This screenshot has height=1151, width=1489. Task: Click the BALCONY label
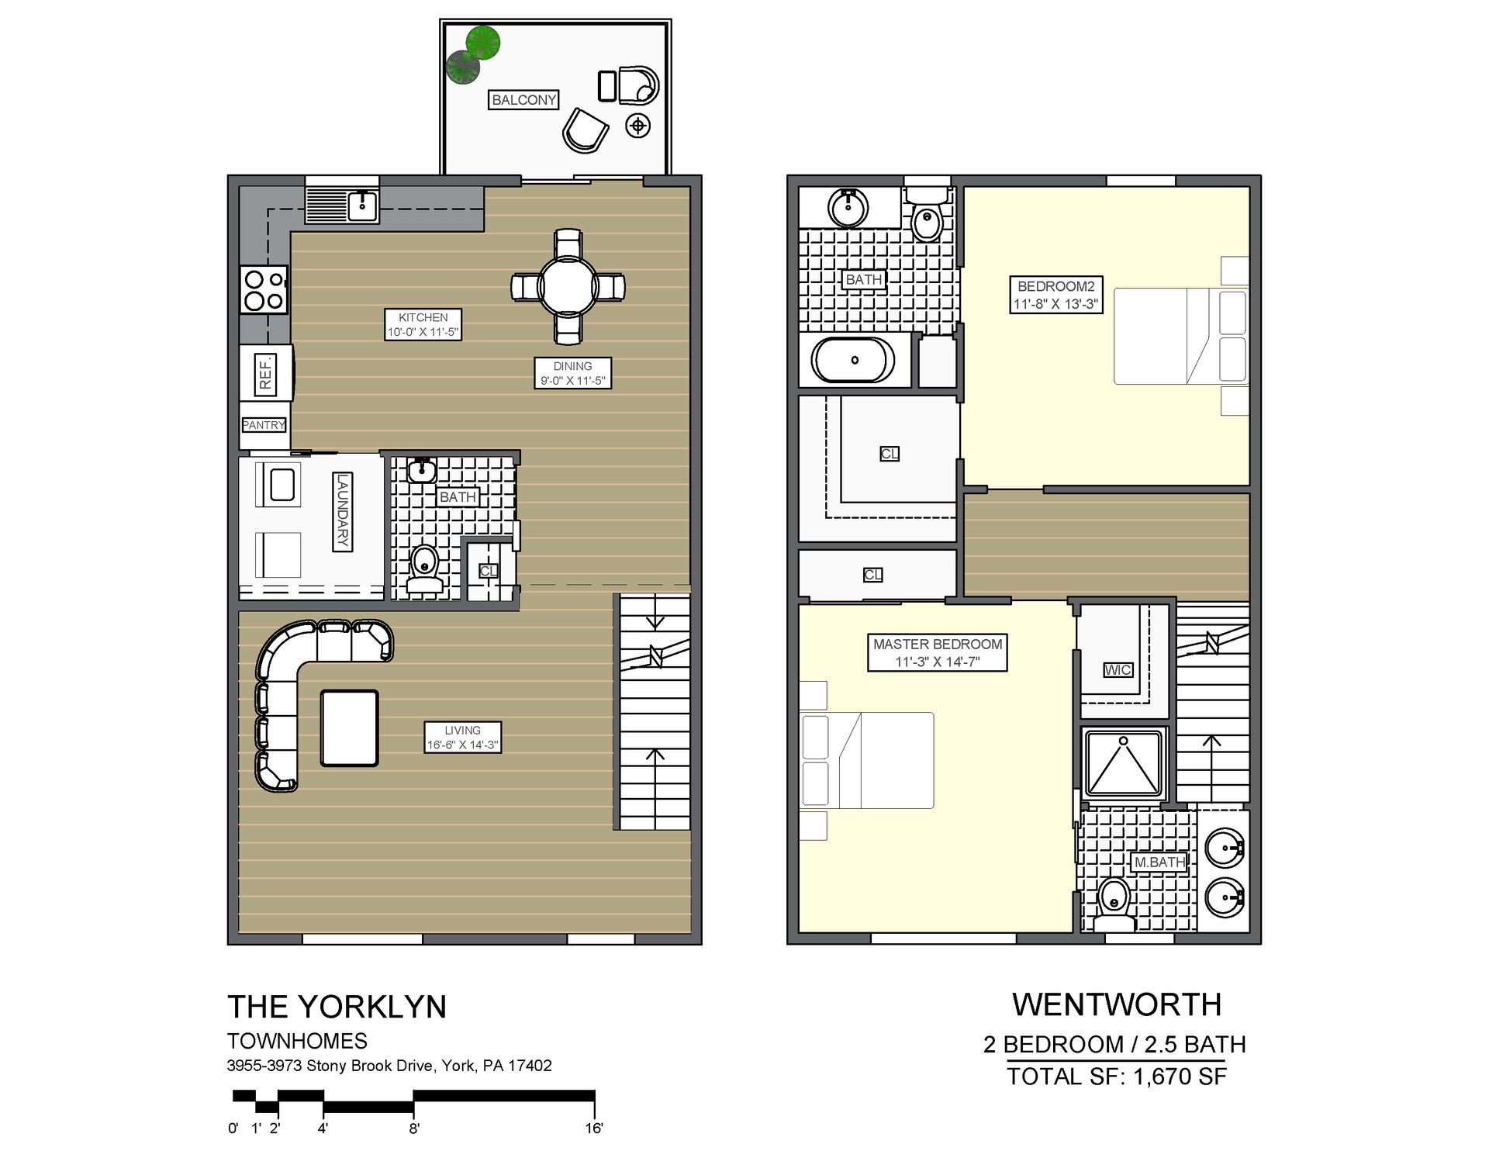(x=523, y=100)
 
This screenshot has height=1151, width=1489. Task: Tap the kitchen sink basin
(x=362, y=206)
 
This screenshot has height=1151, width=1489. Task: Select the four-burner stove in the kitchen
(x=264, y=289)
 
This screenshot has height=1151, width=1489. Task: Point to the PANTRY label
(x=264, y=425)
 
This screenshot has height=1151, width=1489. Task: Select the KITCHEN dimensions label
(x=423, y=324)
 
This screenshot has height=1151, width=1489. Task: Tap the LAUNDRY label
(x=342, y=512)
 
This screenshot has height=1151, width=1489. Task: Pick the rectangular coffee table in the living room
(x=350, y=728)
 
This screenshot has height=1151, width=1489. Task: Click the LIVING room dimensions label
(x=463, y=738)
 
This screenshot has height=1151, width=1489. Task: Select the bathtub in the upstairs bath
(x=853, y=361)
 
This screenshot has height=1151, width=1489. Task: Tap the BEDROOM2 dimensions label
(x=1055, y=296)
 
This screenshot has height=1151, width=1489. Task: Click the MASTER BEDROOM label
(x=938, y=652)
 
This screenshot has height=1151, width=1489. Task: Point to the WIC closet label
(x=1118, y=670)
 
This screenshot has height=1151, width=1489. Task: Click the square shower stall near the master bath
(x=1124, y=764)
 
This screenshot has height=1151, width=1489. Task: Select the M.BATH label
(x=1159, y=862)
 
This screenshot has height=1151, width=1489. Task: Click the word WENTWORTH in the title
(x=1117, y=1005)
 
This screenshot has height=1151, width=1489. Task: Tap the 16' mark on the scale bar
(x=594, y=1128)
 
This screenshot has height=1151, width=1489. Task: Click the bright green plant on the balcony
(x=483, y=42)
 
